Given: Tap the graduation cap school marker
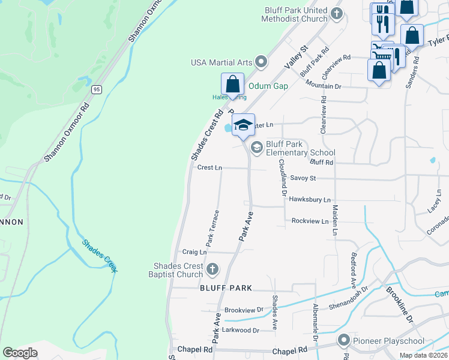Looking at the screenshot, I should tap(243, 125).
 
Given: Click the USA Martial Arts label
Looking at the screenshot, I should tap(221, 62).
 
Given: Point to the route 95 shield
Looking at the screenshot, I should tap(96, 89).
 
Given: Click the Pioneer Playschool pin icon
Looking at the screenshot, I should tap(344, 341).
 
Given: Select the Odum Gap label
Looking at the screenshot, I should tap(268, 86).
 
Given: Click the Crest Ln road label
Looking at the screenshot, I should tap(209, 167).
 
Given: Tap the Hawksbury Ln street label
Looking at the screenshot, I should tap(310, 199).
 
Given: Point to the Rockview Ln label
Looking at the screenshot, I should tap(310, 221).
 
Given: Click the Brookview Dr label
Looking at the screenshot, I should tap(244, 310).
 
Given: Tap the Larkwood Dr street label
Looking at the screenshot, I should tap(240, 330).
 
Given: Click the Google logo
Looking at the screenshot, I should tap(20, 353).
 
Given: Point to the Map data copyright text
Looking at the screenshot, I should tap(423, 355).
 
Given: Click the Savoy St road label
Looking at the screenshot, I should tap(303, 178).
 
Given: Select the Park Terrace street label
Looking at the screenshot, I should tap(211, 229).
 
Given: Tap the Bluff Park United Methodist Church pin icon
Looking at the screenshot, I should tap(337, 13).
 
